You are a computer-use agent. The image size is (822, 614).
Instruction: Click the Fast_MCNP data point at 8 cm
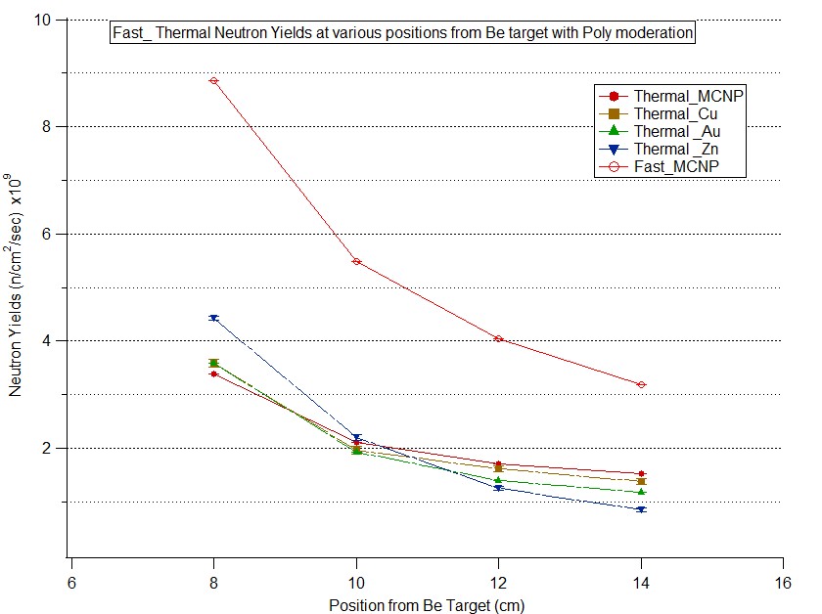pyautogui.click(x=213, y=80)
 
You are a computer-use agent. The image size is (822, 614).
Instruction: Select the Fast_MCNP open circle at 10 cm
pyautogui.click(x=356, y=261)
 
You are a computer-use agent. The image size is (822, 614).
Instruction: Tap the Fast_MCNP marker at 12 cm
pyautogui.click(x=498, y=338)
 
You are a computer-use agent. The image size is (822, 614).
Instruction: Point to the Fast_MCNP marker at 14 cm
pyautogui.click(x=641, y=384)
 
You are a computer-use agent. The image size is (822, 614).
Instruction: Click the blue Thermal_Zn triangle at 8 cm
pyautogui.click(x=213, y=318)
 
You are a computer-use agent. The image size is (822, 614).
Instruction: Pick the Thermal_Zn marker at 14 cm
pyautogui.click(x=641, y=509)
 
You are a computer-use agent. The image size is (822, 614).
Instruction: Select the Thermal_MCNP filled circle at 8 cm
pyautogui.click(x=213, y=373)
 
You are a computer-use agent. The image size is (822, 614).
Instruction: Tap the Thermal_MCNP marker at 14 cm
pyautogui.click(x=641, y=473)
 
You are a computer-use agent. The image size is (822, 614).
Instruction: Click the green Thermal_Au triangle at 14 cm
pyautogui.click(x=641, y=491)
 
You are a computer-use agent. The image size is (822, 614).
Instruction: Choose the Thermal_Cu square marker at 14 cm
pyautogui.click(x=641, y=481)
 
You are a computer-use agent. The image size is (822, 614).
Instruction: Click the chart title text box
pyautogui.click(x=403, y=32)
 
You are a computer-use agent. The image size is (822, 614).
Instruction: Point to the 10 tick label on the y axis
pyautogui.click(x=46, y=20)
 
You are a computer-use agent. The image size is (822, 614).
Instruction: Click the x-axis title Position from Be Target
pyautogui.click(x=427, y=604)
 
